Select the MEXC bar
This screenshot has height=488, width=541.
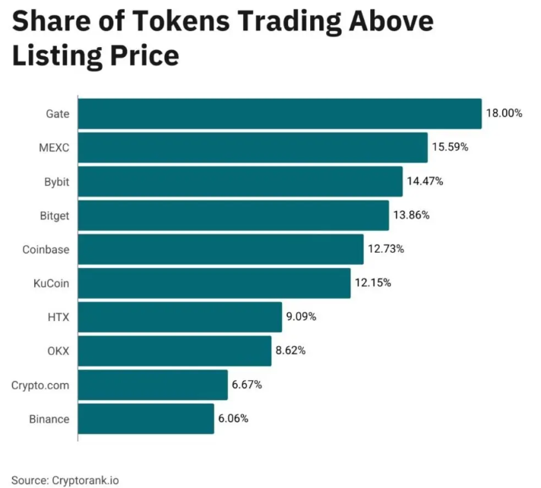pos(252,147)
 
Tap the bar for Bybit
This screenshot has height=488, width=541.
pos(240,181)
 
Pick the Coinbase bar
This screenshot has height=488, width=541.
pos(220,249)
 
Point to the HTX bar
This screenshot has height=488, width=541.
pos(180,316)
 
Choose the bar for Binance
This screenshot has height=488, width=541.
pos(146,419)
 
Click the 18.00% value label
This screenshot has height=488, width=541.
pos(505,113)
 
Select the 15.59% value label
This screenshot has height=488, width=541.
pos(450,147)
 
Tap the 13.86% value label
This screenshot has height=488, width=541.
pos(411,215)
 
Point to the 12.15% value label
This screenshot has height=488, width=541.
pos(373,283)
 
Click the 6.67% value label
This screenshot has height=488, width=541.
pos(247,385)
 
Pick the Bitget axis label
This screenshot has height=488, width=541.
pos(52,216)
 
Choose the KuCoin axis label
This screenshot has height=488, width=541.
pos(51,283)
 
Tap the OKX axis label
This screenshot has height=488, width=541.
pos(58,351)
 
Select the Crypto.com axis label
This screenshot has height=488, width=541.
pos(40,385)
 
